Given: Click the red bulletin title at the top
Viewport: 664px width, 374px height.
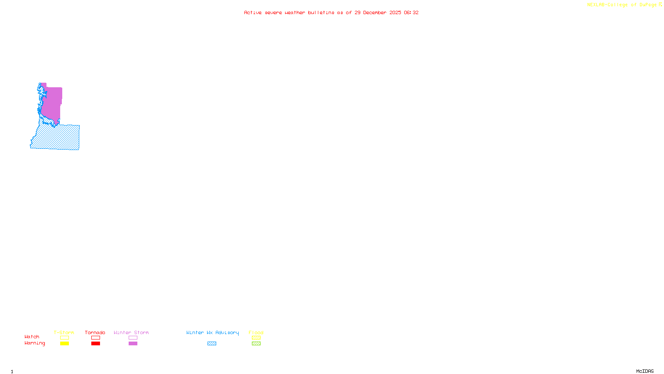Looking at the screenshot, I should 331,13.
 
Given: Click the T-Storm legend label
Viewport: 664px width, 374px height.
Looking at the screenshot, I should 64,332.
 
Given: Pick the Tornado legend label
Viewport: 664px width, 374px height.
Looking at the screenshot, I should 95,332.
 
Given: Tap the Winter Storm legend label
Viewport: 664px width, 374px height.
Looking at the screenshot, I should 131,332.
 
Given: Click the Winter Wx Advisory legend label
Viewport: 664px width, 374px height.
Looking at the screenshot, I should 212,332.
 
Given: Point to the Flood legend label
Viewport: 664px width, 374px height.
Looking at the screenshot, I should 256,332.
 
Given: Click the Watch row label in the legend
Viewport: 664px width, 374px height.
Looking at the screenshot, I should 32,337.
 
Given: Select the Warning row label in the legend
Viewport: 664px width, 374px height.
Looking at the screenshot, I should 35,343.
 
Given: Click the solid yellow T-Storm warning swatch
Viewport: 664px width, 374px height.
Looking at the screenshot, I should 64,344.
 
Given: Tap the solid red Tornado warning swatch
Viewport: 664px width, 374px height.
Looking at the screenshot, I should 96,344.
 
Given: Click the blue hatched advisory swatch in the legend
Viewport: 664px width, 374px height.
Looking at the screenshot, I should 212,344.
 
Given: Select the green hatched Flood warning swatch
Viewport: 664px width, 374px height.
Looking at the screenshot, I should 256,344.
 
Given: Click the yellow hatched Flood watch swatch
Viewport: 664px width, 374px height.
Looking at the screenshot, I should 256,338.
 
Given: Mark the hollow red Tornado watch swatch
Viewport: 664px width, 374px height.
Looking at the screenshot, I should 96,338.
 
